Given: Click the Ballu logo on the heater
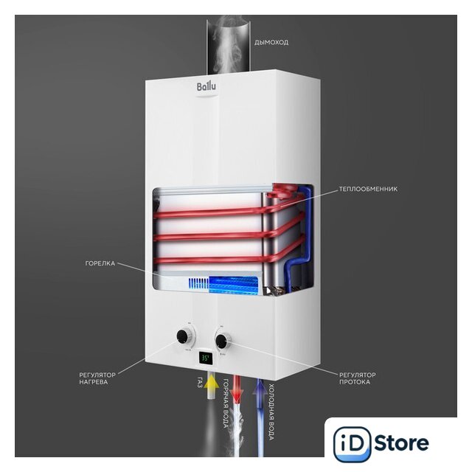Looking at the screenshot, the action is [206, 87].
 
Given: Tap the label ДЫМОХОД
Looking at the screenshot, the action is [271, 43].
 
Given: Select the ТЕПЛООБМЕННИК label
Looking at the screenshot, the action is [368, 189].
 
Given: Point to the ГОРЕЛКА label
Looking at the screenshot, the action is [100, 263].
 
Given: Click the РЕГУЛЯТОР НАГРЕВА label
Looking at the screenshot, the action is [97, 378].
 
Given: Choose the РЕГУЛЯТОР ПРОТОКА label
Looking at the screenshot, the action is [358, 378].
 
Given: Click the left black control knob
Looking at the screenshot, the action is [182, 336].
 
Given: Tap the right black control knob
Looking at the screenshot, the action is [221, 341].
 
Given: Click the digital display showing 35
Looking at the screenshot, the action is [206, 358].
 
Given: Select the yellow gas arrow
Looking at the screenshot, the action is [212, 384].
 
